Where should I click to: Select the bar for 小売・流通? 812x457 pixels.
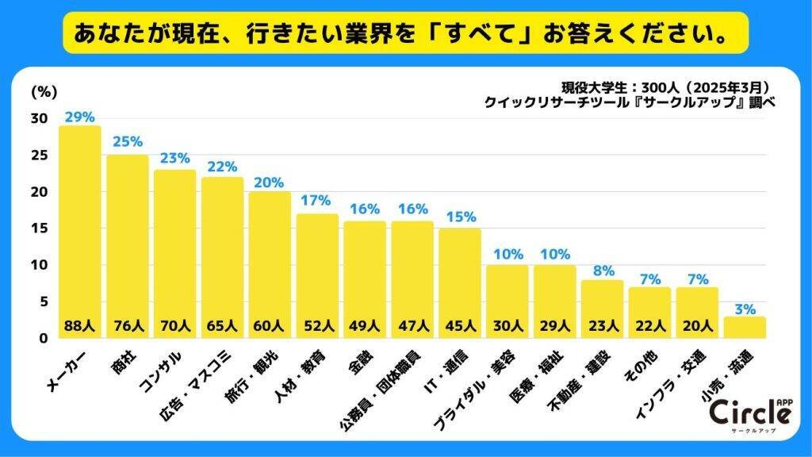pos(744,328)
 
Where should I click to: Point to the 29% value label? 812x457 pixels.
pos(80,115)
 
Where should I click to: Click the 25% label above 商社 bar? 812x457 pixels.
pos(127,142)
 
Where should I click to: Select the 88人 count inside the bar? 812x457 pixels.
pos(80,325)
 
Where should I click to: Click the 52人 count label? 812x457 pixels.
pos(316,325)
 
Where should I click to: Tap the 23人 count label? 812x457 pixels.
pos(602,325)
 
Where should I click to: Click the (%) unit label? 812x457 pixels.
pos(41,91)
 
